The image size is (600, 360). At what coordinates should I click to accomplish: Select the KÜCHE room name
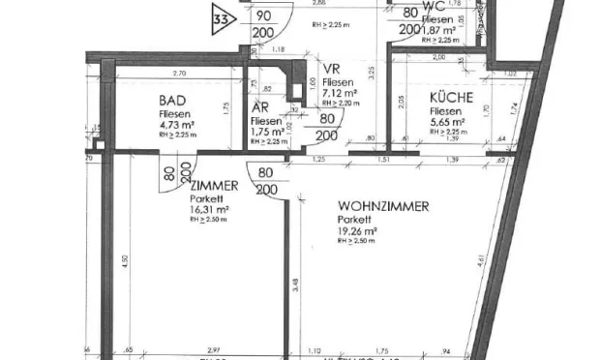[451, 98]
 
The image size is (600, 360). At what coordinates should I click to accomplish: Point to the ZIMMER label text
[214, 186]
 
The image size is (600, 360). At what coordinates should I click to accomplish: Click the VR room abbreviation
[331, 70]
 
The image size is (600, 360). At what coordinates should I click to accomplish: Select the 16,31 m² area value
[209, 209]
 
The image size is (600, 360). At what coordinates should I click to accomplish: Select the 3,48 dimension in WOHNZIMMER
[294, 284]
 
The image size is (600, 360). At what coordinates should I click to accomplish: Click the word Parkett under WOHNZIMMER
[354, 220]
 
